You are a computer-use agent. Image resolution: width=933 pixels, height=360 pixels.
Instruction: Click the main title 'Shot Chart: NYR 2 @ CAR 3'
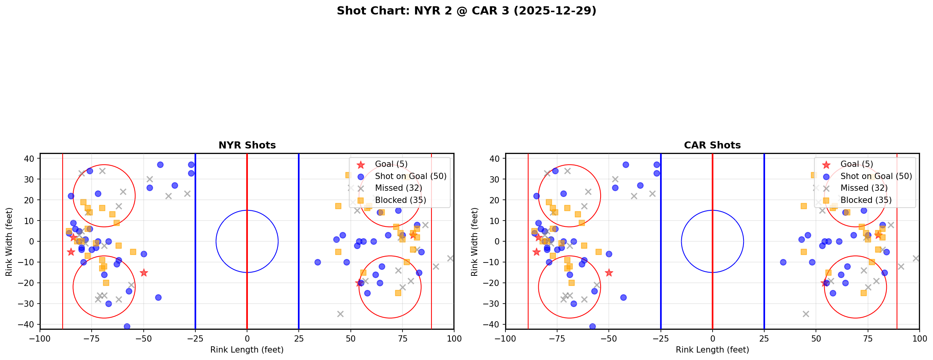tap(466, 11)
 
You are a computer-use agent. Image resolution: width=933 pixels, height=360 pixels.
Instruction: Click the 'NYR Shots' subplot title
tap(247, 145)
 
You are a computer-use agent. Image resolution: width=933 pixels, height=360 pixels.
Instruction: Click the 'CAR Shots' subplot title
tap(712, 145)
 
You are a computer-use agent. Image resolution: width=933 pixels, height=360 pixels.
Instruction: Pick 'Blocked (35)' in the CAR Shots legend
tap(866, 200)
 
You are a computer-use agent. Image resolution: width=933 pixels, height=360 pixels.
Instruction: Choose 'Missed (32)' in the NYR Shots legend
tap(398, 188)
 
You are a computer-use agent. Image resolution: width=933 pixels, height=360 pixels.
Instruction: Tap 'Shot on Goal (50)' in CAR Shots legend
tap(876, 176)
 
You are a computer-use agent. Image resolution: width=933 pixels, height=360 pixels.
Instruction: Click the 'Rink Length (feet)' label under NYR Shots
tap(247, 350)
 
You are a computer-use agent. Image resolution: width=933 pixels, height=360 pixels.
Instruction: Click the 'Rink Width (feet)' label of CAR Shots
tap(475, 241)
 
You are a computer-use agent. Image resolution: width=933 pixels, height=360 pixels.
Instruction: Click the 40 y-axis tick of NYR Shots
tap(31, 158)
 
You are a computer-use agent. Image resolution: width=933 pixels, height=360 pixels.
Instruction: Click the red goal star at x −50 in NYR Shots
tap(144, 273)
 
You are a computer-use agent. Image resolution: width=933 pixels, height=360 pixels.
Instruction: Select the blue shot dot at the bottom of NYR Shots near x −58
tap(127, 326)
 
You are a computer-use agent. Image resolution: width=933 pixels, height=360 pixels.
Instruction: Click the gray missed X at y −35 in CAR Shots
tap(806, 314)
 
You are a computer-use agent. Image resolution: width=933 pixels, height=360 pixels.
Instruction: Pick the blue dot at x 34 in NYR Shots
tap(318, 262)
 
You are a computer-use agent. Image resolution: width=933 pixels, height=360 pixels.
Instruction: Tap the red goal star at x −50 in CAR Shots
tap(609, 273)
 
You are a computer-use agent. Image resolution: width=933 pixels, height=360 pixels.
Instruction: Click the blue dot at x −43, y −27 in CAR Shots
tap(623, 297)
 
